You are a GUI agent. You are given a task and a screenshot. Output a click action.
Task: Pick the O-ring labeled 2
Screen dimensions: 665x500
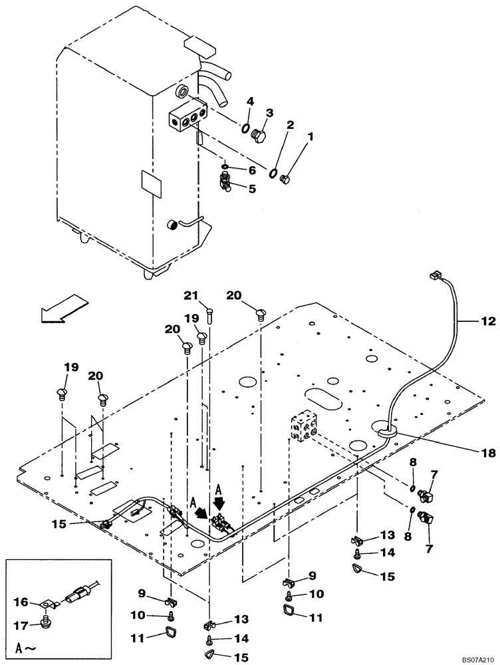[273, 174]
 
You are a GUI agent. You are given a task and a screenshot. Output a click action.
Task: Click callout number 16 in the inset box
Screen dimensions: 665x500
[21, 602]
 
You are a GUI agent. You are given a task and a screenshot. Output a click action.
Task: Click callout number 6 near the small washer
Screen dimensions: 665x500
[252, 170]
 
